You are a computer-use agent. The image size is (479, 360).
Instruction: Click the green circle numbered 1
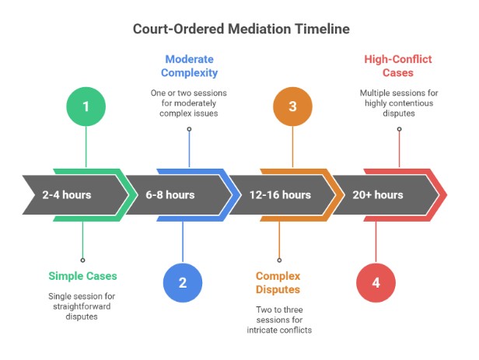point(86,106)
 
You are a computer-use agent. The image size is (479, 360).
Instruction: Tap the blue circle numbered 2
point(183,282)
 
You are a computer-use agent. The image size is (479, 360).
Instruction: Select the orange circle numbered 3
point(292,106)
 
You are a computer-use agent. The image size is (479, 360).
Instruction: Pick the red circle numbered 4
point(376,282)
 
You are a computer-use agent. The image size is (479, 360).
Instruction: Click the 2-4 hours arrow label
point(67,194)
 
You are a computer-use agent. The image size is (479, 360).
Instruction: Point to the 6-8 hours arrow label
point(170,194)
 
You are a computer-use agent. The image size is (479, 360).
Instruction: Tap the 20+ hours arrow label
point(378,194)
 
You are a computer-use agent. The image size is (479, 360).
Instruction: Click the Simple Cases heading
point(82,275)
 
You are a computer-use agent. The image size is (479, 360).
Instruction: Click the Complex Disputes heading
point(279,282)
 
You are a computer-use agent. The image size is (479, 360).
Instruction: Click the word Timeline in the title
point(316,29)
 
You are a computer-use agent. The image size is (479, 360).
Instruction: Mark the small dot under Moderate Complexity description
point(188,129)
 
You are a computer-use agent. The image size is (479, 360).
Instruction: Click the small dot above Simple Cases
point(82,260)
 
